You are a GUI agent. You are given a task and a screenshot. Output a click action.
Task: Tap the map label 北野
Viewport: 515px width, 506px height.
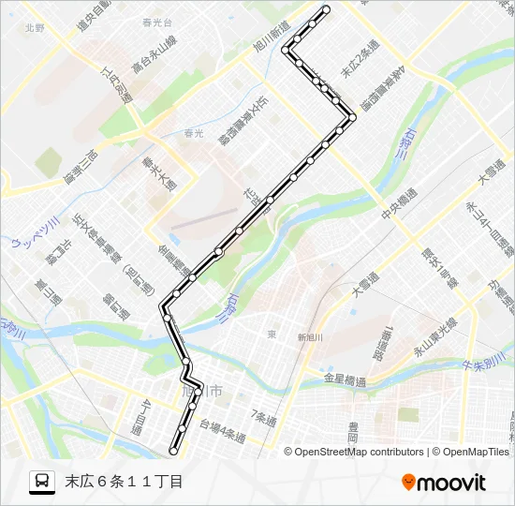coord(36,28)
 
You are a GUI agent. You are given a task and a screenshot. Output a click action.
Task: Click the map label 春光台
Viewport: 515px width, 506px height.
coord(154,19)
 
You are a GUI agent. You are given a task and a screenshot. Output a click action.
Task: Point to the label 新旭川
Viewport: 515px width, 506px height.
coord(309,337)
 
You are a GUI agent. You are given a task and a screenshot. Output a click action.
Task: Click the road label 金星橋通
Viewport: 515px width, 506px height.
coord(344,379)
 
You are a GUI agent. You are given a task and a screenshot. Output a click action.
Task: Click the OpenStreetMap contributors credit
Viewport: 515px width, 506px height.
coord(360,452)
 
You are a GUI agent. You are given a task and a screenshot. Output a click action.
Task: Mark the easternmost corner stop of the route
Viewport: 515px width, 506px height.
coord(352,117)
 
